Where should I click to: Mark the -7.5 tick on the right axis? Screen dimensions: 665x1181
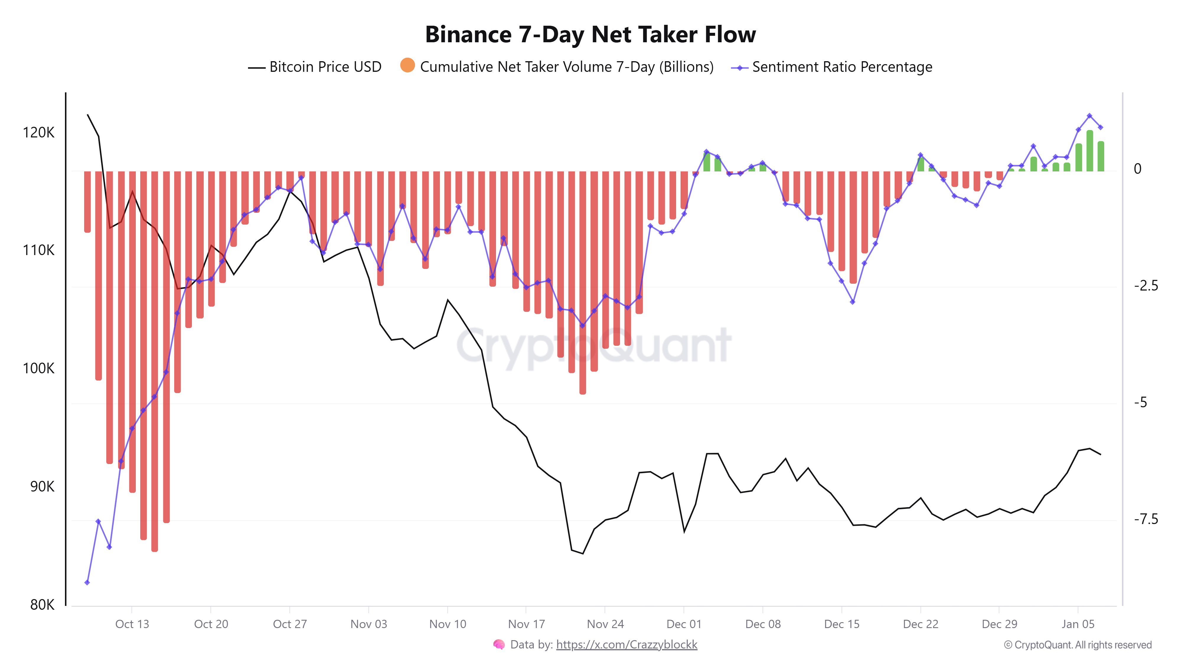click(1146, 519)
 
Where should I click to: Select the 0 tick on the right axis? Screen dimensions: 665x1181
click(1137, 169)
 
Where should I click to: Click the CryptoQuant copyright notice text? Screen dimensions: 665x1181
click(1077, 645)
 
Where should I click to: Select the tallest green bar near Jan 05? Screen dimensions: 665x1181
click(1090, 151)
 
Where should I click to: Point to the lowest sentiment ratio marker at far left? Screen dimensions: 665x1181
click(87, 582)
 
